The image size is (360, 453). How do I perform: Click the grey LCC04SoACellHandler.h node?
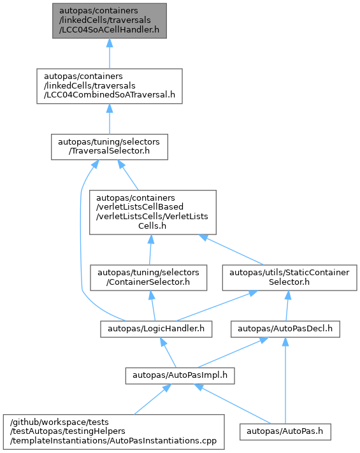(x=110, y=21)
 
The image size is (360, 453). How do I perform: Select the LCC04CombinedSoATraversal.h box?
(x=110, y=86)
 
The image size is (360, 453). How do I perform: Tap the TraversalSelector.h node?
(x=110, y=147)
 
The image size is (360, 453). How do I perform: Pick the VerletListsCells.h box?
(x=153, y=212)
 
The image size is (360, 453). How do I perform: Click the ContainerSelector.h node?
(x=148, y=278)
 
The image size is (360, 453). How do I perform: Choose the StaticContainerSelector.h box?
(x=289, y=278)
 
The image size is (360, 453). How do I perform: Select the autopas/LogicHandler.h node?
(x=156, y=329)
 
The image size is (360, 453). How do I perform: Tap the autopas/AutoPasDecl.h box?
(x=285, y=329)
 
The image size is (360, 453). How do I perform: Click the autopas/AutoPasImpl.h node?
(x=180, y=375)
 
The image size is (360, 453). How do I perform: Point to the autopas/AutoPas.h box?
(x=285, y=432)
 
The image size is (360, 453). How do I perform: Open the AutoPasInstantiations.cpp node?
(x=114, y=432)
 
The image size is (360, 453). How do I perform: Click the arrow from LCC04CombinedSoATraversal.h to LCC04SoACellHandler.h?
(x=110, y=54)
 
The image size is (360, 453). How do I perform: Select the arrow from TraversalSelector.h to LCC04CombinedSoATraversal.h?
(x=110, y=119)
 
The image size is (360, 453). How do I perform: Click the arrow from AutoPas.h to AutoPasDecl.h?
(x=285, y=380)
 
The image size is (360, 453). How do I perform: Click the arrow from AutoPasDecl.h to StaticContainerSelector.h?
(x=287, y=306)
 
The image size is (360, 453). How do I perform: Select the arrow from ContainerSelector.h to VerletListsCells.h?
(x=150, y=250)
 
